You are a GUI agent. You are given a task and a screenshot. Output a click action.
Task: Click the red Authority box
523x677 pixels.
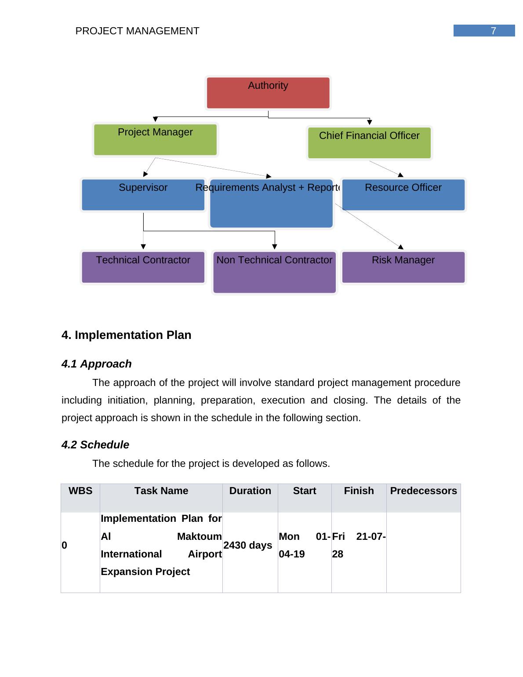[268, 93]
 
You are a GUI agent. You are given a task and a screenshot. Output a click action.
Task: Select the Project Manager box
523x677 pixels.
[155, 140]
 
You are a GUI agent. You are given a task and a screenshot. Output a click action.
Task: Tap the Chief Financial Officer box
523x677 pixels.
[369, 143]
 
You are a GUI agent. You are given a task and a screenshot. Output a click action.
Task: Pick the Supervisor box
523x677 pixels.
[143, 195]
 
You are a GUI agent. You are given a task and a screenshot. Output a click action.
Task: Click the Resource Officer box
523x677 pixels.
[403, 195]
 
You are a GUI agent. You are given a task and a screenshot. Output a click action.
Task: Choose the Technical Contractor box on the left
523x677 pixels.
[143, 267]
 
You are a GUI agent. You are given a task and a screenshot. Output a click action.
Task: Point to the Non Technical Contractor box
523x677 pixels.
[274, 272]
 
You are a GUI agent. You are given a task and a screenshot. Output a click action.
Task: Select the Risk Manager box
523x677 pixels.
[403, 267]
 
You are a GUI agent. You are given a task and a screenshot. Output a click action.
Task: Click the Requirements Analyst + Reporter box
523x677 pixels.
[271, 204]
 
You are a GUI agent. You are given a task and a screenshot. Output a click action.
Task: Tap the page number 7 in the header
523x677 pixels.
[493, 31]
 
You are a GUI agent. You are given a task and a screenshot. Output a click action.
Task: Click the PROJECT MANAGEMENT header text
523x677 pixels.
[137, 31]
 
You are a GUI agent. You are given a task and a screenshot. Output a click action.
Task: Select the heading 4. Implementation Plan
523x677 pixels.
[127, 335]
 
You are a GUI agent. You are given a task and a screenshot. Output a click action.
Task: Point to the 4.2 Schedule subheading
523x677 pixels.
[95, 445]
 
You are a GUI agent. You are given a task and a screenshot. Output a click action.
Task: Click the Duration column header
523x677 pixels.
[250, 491]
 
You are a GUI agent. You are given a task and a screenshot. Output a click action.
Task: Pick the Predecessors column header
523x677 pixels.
[423, 491]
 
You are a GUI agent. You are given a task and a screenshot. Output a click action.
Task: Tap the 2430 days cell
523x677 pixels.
[247, 545]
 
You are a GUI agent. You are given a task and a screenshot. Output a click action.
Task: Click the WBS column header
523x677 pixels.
[80, 491]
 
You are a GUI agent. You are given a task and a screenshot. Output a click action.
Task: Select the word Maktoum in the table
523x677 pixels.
[199, 536]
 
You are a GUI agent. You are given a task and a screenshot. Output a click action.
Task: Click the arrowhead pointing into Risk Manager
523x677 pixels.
[400, 247]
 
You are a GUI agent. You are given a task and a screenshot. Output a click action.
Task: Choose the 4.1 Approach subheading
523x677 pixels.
[97, 364]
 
